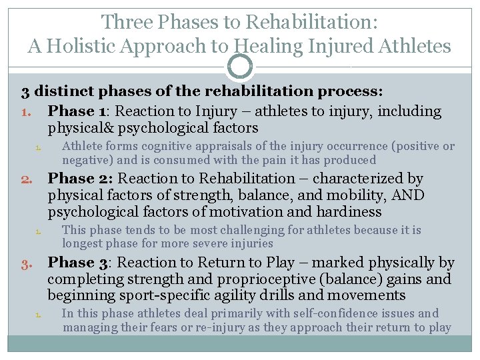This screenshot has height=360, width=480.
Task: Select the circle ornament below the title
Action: [240, 67]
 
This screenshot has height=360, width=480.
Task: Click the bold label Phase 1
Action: [75, 111]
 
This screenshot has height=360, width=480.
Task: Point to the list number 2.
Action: [26, 179]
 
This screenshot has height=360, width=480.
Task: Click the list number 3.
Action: [26, 263]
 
